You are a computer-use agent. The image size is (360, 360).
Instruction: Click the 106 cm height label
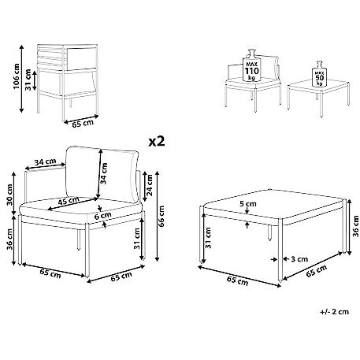point(16,76)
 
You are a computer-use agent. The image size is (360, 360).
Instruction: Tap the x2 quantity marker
point(157,142)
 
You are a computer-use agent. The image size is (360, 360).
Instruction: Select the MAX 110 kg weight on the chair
point(252,65)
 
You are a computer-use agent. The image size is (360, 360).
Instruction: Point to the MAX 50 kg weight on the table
point(319,74)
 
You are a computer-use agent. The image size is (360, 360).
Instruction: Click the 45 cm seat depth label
point(69,202)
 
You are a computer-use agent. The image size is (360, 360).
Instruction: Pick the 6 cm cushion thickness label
point(102,216)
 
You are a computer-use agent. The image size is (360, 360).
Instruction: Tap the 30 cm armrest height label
point(9,195)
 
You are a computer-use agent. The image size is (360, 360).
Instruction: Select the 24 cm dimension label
point(149,185)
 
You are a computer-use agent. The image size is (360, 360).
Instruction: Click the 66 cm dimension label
point(161,216)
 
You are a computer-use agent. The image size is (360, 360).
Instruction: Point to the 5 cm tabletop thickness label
point(247,203)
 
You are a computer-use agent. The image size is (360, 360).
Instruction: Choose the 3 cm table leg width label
point(299,259)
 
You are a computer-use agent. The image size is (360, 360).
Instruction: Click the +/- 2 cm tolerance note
point(335,312)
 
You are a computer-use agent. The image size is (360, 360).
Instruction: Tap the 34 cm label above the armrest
point(45,162)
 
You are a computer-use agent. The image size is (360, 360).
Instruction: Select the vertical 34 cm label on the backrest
point(104,173)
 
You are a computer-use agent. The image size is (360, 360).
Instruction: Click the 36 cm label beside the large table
point(355,226)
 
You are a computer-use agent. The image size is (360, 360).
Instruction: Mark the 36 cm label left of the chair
point(9,239)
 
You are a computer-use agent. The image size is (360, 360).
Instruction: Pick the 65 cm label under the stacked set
point(83,124)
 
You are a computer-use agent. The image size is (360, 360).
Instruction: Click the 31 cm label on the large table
point(208,238)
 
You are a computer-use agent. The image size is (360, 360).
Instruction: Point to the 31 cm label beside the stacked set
point(28,80)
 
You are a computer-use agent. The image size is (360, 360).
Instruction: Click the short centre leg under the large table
point(269,232)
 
